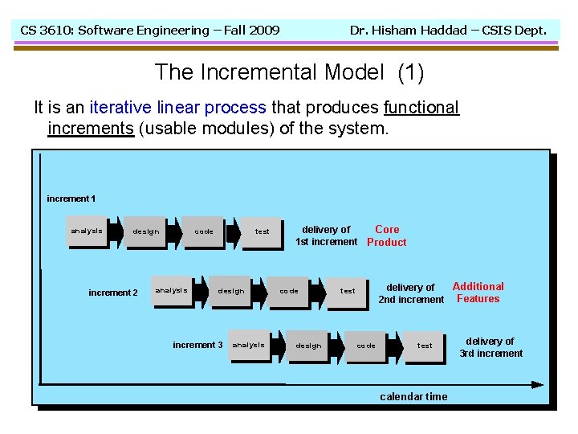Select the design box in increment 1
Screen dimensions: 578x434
(x=146, y=231)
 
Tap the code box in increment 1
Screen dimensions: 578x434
(x=205, y=231)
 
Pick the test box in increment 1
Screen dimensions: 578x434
(x=263, y=231)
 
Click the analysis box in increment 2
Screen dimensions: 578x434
(x=171, y=291)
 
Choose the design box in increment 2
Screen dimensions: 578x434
(x=231, y=291)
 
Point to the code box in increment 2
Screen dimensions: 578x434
(x=289, y=291)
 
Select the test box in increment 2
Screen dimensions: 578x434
(x=348, y=291)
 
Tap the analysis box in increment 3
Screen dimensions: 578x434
(x=249, y=346)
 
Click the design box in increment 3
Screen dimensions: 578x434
(x=308, y=346)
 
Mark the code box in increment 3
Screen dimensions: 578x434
(x=366, y=346)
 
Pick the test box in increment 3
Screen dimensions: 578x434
(x=425, y=346)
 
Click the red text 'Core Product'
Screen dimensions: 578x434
(x=387, y=235)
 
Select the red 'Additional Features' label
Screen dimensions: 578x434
(x=478, y=293)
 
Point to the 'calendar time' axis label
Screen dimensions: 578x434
(x=413, y=396)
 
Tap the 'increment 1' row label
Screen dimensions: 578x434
(x=71, y=199)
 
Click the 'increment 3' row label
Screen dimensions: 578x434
(x=197, y=345)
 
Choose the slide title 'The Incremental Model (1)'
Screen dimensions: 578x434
(x=289, y=72)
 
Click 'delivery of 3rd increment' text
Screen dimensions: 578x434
(x=490, y=347)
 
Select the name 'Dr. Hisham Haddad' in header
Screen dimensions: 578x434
(x=409, y=31)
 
